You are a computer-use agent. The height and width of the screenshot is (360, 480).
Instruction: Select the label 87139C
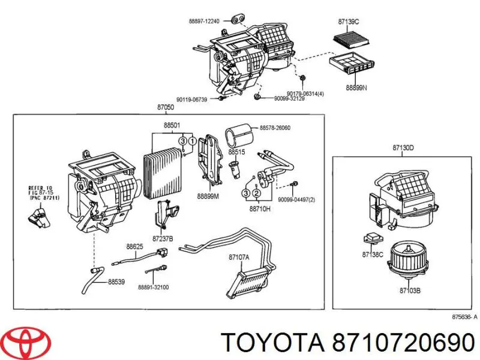[x=349, y=22]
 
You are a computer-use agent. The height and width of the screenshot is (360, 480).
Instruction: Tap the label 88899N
[x=355, y=87]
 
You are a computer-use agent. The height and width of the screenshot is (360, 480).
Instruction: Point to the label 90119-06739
[x=193, y=99]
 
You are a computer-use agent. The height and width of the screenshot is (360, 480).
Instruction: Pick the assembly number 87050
[x=165, y=107]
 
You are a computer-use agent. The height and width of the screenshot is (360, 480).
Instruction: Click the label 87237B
[x=163, y=239]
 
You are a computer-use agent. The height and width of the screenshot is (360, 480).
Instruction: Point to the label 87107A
[x=239, y=258]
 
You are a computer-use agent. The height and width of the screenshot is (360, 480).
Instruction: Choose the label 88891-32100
[x=154, y=287]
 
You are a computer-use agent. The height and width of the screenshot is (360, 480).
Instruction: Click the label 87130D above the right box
[x=403, y=147]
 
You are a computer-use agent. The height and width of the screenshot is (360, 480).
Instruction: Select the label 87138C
[x=373, y=255]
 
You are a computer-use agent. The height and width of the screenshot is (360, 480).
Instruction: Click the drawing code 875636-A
[x=464, y=317]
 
